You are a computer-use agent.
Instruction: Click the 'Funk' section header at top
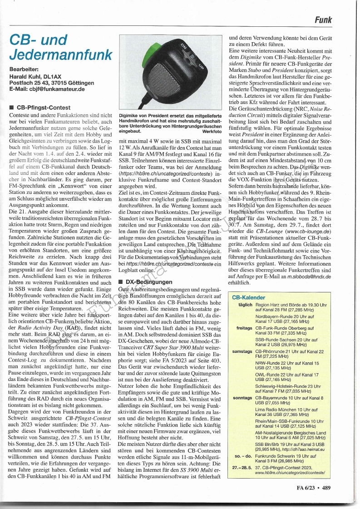coord(323,20)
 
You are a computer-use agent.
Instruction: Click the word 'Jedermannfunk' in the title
coord(60,55)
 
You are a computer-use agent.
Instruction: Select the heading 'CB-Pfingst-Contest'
coord(43,108)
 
